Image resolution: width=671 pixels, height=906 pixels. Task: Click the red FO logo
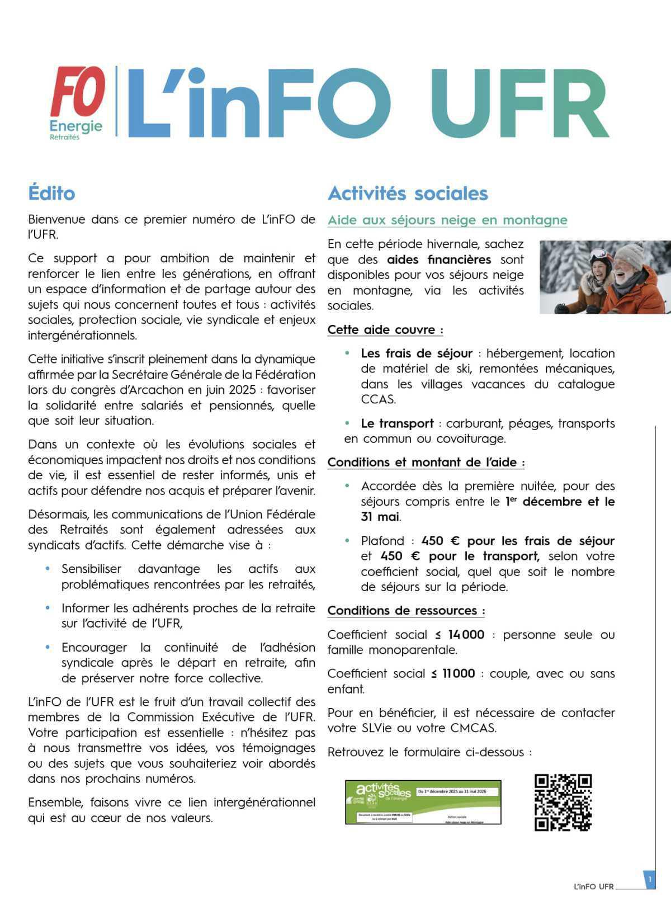[x=78, y=91]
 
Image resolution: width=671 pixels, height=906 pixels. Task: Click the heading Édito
[x=51, y=194]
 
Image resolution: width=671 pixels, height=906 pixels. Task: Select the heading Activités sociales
[x=408, y=194]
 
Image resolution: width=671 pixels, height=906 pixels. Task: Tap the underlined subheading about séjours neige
[x=447, y=220]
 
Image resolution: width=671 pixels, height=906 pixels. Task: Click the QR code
[x=563, y=803]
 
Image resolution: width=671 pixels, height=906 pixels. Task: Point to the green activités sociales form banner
[x=423, y=802]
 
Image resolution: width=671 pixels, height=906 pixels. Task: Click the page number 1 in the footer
[x=649, y=880]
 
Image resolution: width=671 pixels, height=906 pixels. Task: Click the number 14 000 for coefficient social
[x=466, y=635]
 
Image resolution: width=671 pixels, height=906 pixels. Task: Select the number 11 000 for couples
[x=459, y=674]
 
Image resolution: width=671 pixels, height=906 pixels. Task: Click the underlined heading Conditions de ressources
[x=406, y=611]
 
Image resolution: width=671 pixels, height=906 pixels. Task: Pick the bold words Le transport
[x=397, y=424]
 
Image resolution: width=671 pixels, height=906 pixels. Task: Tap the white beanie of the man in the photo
[x=630, y=256]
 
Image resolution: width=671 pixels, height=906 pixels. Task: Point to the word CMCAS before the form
[x=473, y=728]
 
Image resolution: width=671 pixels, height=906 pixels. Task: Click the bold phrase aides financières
[x=439, y=260]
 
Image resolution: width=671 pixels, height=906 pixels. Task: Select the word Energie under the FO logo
[x=76, y=125]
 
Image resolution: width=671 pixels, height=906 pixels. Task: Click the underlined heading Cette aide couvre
[x=385, y=330]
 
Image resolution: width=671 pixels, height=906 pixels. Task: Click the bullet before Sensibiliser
[x=48, y=569]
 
